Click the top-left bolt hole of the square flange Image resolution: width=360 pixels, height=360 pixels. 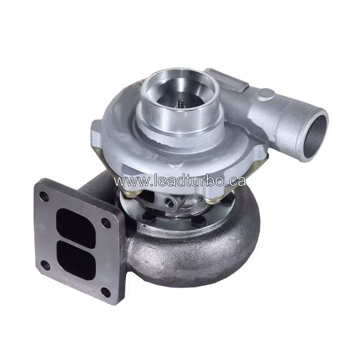44,197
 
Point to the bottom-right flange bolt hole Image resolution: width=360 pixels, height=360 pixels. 105,291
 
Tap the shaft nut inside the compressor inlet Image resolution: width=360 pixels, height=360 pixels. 180,103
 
